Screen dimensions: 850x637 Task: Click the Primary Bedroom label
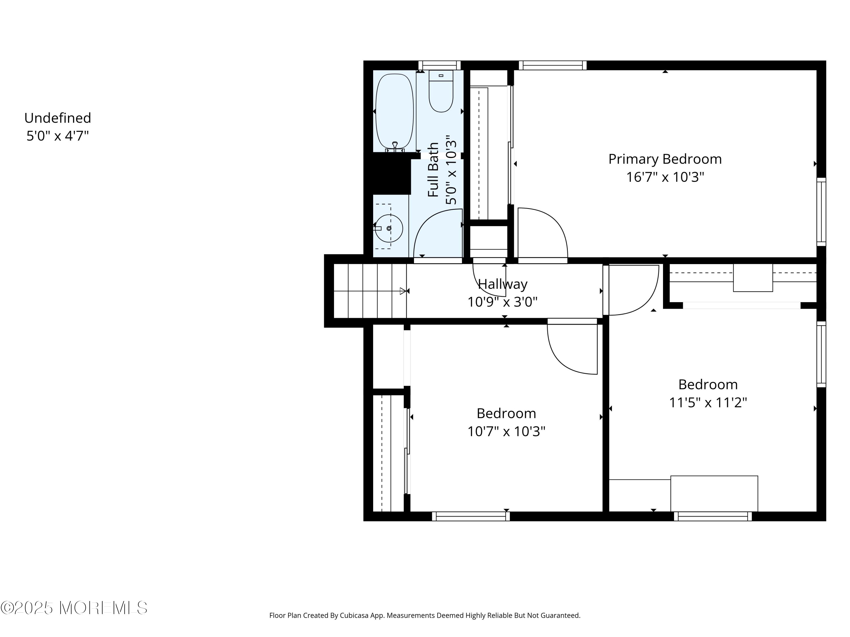[665, 159]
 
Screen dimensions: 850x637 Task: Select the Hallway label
[503, 284]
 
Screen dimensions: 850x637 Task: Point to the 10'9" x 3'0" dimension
[502, 302]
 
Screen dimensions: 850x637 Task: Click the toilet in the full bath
[441, 91]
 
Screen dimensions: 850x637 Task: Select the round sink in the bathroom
[389, 228]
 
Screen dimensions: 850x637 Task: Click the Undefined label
[58, 118]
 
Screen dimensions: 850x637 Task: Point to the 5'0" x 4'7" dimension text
[58, 136]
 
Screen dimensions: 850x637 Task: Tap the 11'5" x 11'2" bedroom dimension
[708, 402]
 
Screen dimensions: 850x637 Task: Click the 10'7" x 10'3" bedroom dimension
[506, 431]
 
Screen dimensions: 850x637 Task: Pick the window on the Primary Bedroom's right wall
[821, 211]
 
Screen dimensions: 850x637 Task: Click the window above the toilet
[439, 65]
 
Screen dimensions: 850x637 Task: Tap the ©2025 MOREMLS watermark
[74, 608]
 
